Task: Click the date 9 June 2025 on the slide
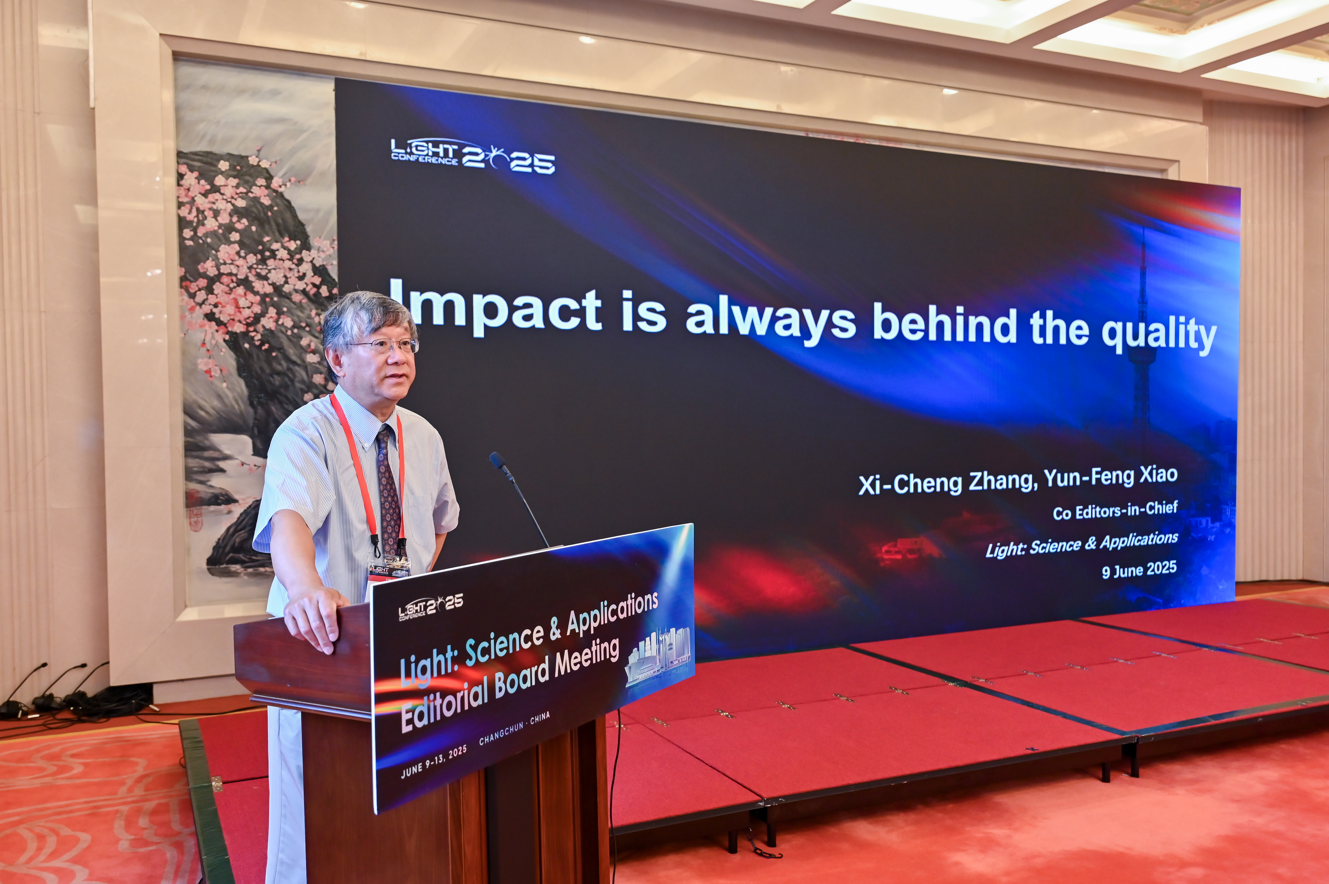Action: pos(1139,570)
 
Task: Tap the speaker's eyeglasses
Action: pos(389,345)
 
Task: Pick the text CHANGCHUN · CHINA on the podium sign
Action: pos(514,728)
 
